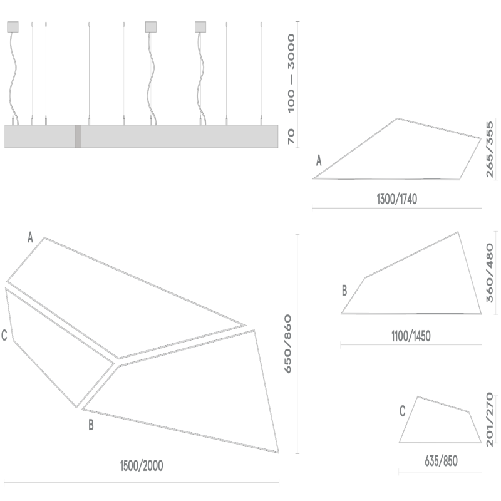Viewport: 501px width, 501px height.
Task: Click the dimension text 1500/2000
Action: (x=142, y=466)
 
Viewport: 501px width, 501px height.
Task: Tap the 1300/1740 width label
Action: (x=397, y=200)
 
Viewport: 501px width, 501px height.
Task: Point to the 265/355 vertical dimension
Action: (x=490, y=150)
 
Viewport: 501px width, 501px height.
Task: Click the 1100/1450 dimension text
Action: (x=411, y=336)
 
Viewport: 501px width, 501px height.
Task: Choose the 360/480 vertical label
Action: (x=490, y=273)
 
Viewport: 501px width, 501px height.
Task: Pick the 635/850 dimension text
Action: (x=441, y=462)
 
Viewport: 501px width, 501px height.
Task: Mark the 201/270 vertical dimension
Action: (x=490, y=418)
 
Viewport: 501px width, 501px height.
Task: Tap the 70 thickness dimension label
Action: (x=291, y=137)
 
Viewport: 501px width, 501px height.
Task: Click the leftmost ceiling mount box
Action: (x=13, y=26)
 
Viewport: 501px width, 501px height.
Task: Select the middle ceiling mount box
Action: (x=151, y=26)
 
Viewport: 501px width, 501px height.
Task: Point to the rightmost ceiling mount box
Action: (x=200, y=26)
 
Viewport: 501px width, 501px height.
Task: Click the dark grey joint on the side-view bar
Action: (x=78, y=137)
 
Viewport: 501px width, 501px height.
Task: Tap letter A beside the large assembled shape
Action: (x=29, y=237)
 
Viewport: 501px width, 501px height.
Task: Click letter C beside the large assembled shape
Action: (x=4, y=336)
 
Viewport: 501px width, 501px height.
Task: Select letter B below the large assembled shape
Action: (x=91, y=426)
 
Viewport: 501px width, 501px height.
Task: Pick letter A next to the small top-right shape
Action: (x=319, y=161)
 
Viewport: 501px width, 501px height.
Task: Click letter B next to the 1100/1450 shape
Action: (x=344, y=291)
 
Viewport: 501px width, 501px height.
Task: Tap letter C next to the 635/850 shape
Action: (x=403, y=411)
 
